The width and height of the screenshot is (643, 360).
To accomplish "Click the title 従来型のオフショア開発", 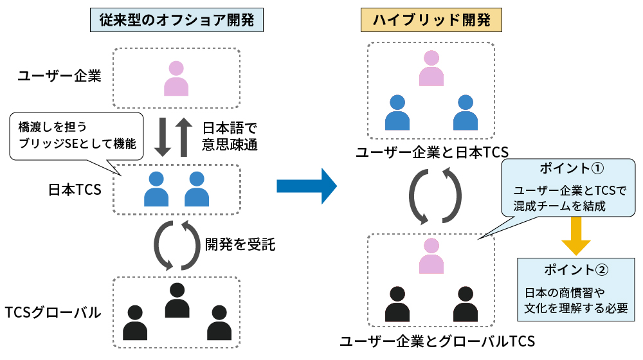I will [x=177, y=21].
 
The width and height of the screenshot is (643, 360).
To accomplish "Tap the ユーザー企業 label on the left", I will [x=60, y=76].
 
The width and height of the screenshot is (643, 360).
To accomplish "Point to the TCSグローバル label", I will [x=53, y=313].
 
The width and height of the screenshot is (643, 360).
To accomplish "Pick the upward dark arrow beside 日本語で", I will [x=184, y=136].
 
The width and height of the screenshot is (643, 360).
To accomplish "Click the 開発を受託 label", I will [x=240, y=244].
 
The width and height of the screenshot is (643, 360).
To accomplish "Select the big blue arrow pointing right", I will [x=307, y=186].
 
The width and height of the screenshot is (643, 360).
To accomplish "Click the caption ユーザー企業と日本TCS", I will [x=432, y=152].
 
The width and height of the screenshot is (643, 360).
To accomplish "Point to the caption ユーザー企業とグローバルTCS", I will [x=437, y=341].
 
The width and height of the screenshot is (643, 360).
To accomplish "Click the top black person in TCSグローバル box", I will [x=177, y=300].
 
